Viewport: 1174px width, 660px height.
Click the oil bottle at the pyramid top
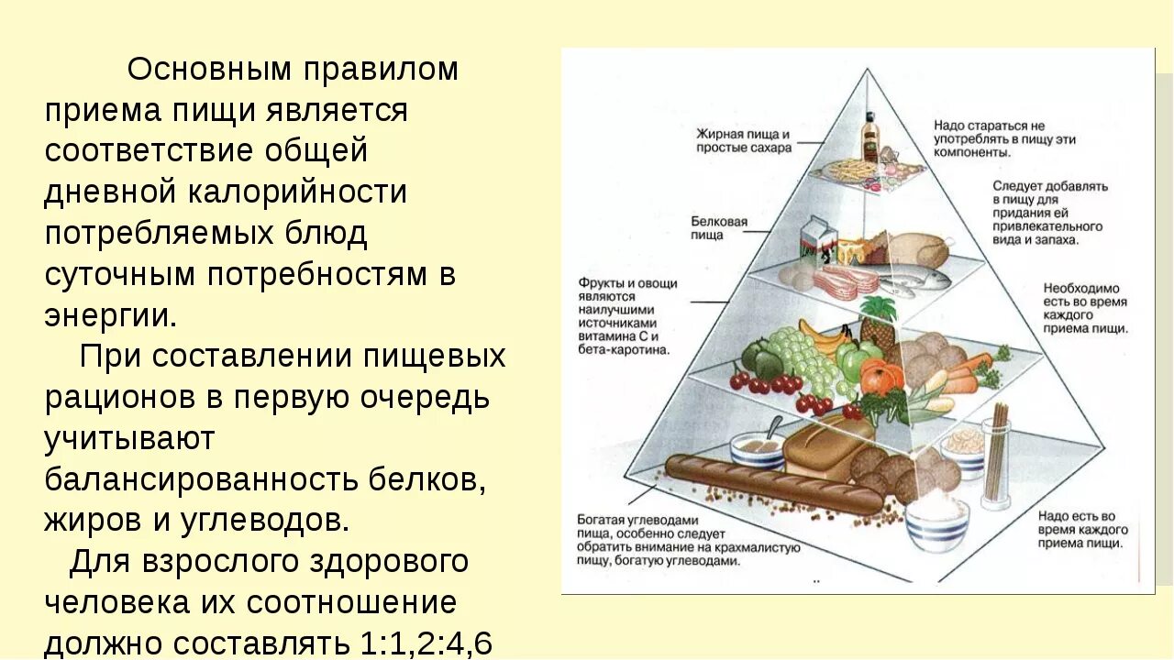869,138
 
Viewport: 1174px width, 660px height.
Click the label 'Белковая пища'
719,228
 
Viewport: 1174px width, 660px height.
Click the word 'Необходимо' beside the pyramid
1081,288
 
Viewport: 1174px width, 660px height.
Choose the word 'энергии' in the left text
109,316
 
